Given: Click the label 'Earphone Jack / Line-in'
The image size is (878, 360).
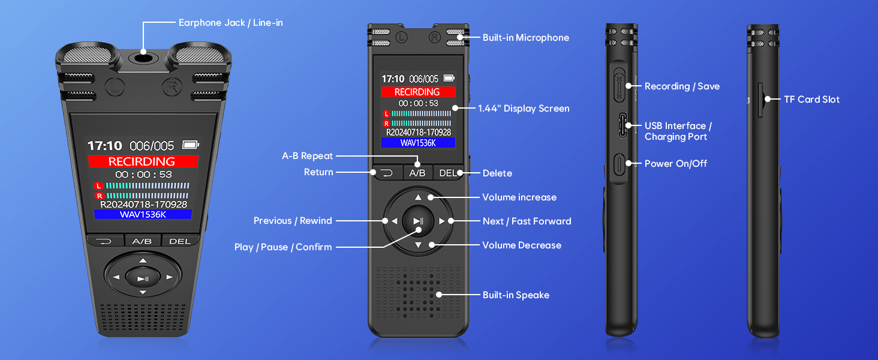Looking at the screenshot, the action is click(x=230, y=23).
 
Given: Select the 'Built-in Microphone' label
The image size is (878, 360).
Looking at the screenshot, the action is click(x=525, y=38).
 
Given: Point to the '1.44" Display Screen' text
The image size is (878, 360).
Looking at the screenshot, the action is click(x=524, y=109).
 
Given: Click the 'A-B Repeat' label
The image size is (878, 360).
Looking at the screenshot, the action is click(x=307, y=156).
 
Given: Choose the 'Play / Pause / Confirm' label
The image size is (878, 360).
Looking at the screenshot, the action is click(x=282, y=247).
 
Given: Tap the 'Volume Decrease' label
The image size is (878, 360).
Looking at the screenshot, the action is click(x=522, y=245).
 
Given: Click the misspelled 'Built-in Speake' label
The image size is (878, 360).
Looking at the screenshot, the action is click(x=516, y=295).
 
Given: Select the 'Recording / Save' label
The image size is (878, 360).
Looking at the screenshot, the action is click(x=682, y=86).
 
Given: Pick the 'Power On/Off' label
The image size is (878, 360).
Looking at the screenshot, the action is click(x=676, y=163).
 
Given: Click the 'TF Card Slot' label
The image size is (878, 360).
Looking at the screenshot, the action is click(x=811, y=100).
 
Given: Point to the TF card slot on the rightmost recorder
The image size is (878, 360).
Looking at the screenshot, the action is click(x=760, y=100).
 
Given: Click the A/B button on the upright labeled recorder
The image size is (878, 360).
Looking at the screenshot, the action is click(x=417, y=173).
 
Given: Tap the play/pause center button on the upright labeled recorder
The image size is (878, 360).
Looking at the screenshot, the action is click(x=418, y=221).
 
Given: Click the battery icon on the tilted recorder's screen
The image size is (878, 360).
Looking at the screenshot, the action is click(x=190, y=145).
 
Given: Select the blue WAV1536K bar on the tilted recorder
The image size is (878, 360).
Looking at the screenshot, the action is click(x=143, y=214).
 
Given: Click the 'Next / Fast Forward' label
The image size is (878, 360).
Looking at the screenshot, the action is click(x=527, y=221).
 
